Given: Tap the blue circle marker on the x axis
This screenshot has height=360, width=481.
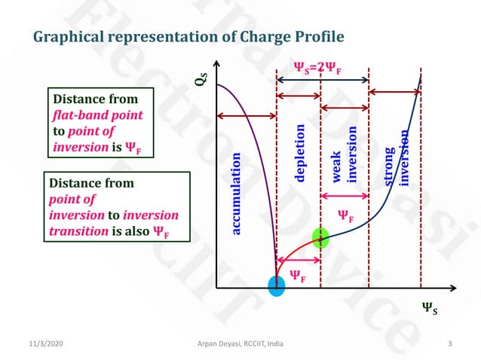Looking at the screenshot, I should click(x=277, y=285).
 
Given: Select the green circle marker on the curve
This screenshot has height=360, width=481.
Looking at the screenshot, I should click(x=321, y=238).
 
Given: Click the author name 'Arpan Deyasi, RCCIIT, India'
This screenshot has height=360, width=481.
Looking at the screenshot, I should click(x=240, y=344).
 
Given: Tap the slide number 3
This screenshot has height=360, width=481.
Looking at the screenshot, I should click(x=449, y=344).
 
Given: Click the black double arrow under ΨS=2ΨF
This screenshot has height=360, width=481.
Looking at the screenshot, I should click(x=323, y=79).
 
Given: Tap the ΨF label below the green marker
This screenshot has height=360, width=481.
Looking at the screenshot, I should click(x=299, y=278).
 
